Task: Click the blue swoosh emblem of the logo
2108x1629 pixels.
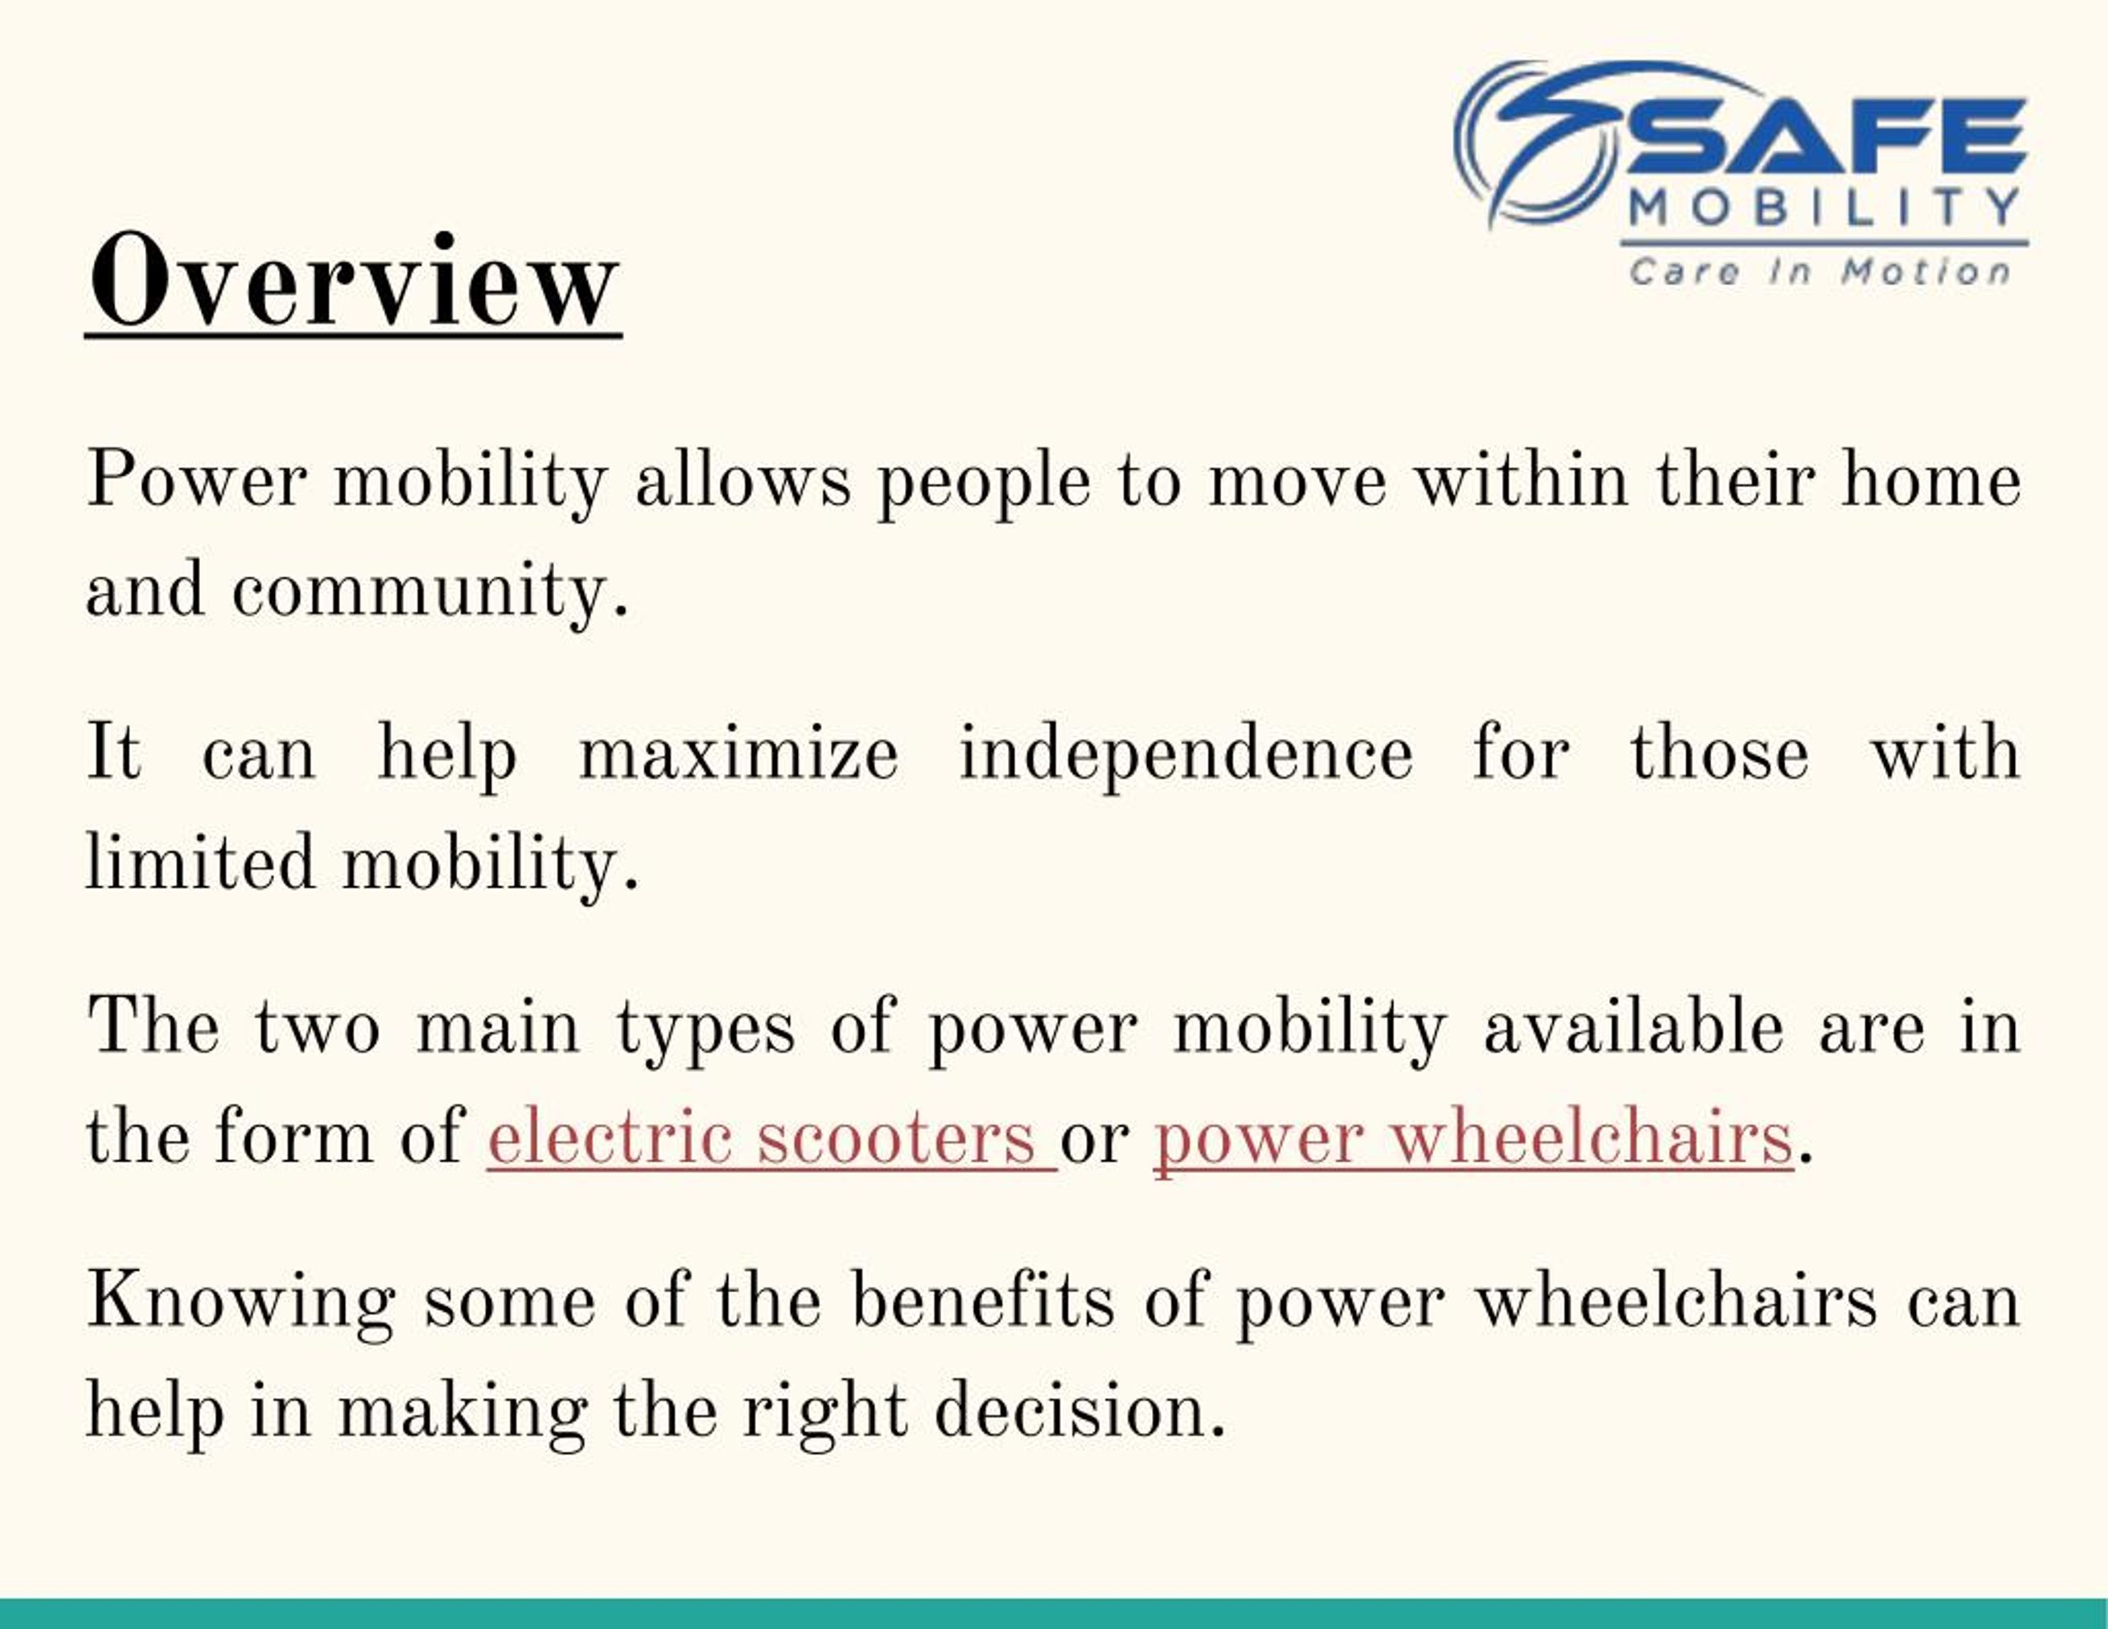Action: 1540,140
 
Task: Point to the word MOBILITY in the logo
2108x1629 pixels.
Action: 1824,207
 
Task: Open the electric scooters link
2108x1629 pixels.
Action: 770,1138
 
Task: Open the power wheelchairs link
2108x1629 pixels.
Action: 1473,1138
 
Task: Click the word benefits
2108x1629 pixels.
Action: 982,1300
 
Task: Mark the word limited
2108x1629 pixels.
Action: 200,862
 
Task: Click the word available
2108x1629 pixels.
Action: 1633,1028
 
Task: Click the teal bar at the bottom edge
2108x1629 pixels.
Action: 1054,1613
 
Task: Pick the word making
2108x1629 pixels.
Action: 460,1412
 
